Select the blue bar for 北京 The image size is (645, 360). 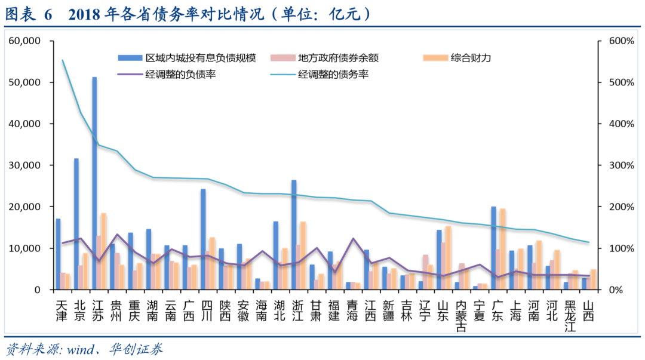76,224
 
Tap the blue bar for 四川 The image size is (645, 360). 203,239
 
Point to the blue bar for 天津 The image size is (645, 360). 58,254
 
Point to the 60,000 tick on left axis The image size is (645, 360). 24,41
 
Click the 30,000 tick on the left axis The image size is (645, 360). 24,165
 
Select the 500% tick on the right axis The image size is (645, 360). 621,82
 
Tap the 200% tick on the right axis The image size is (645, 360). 621,207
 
